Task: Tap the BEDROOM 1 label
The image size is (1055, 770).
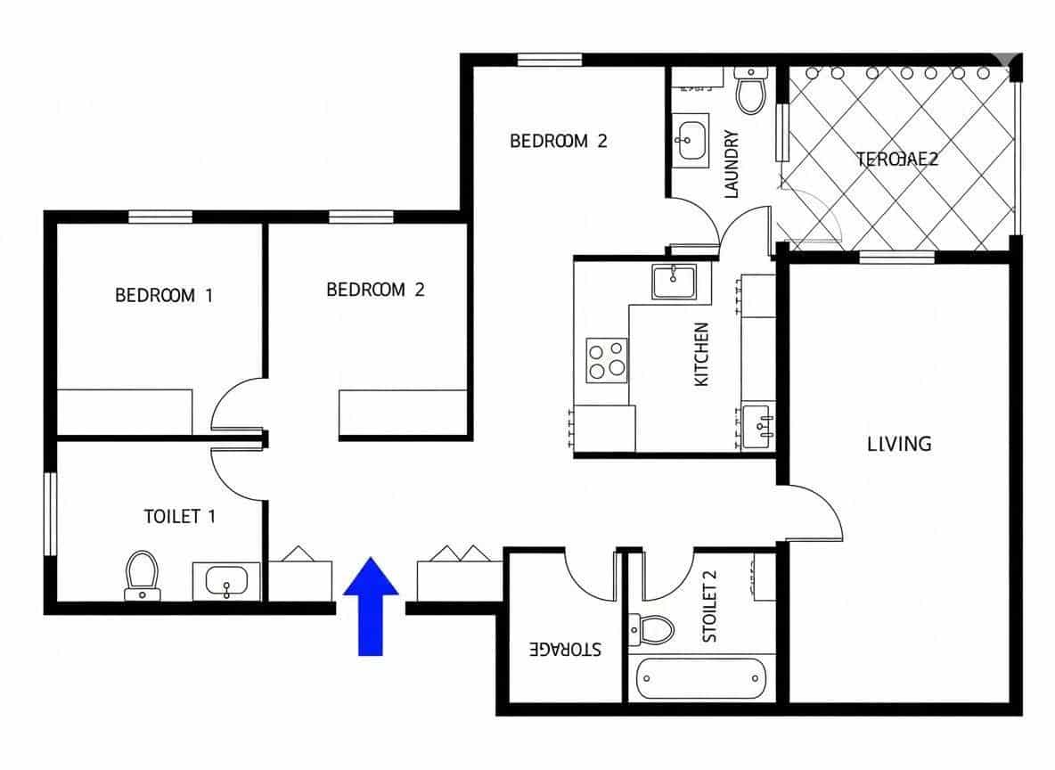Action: pos(164,295)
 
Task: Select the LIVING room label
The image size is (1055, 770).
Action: pos(899,443)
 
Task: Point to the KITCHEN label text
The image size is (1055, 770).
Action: pos(702,354)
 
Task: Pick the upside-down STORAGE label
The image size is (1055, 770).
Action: pos(565,649)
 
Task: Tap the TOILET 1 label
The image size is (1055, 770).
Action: pos(179,516)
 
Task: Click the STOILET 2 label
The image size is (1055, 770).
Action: pos(710,607)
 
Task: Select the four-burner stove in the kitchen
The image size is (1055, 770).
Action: pos(606,359)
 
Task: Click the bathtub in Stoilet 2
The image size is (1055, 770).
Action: pos(701,679)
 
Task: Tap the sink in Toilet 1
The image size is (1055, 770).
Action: pos(226,581)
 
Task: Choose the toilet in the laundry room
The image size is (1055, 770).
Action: pos(751,90)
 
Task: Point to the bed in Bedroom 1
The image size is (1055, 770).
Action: pos(125,411)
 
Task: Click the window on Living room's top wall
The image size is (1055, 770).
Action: pos(896,257)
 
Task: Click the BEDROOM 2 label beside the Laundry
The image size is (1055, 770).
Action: pos(558,141)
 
